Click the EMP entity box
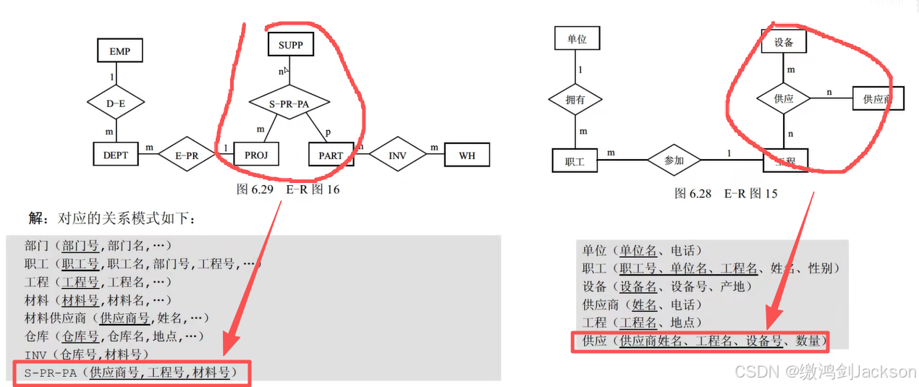point(119,51)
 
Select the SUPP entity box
point(290,46)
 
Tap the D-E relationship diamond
point(116,103)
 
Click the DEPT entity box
point(116,155)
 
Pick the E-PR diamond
point(187,155)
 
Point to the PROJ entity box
point(256,155)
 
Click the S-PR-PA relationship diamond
point(289,103)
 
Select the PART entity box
point(331,156)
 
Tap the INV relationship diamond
point(398,155)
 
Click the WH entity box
point(466,155)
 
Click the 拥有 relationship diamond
point(576,100)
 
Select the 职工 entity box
point(575,161)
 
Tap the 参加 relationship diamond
point(674,161)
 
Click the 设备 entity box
point(784,43)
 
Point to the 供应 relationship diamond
point(784,98)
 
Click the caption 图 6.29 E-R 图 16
point(288,190)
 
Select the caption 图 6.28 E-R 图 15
point(726,193)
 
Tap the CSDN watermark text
point(826,371)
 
